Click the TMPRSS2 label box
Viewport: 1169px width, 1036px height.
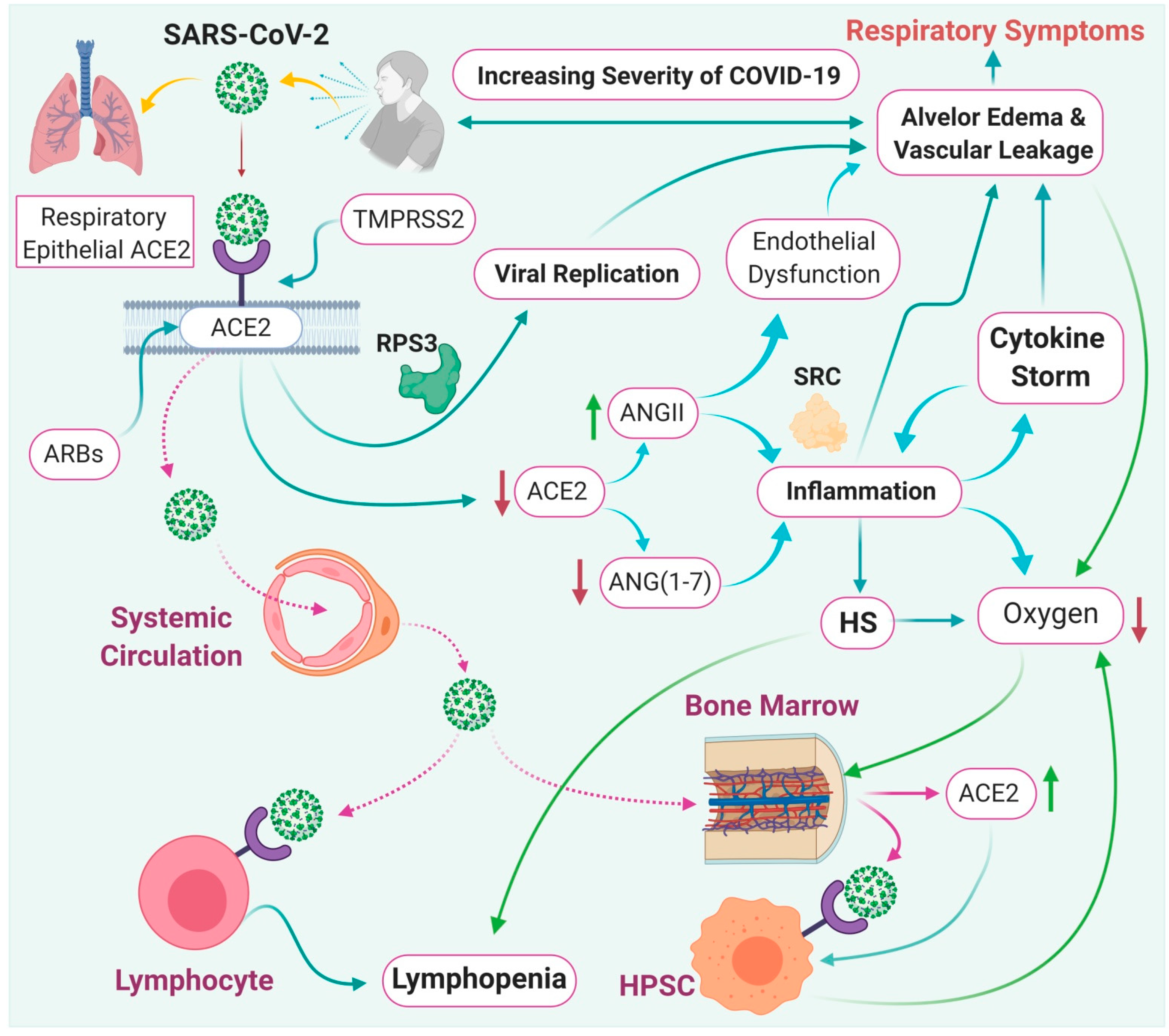click(x=408, y=219)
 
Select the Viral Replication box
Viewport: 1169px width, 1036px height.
click(x=586, y=274)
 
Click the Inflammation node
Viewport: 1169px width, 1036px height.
click(x=860, y=491)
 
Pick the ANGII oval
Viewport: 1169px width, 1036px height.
click(x=652, y=413)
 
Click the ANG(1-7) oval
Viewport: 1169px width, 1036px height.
click(x=659, y=582)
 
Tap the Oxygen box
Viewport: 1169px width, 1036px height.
click(x=1050, y=614)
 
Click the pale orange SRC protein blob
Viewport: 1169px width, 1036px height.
click(x=818, y=422)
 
